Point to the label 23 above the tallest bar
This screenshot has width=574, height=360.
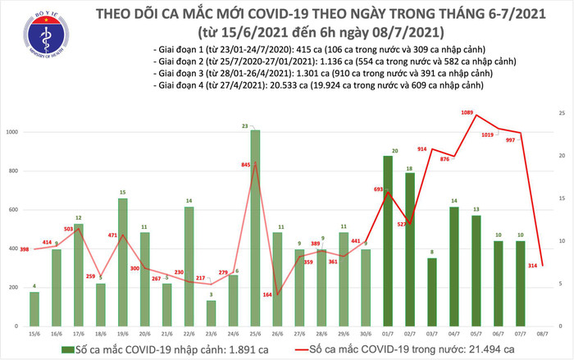(255, 125)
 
